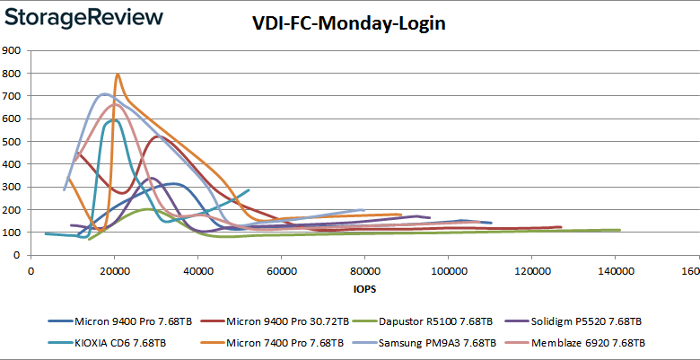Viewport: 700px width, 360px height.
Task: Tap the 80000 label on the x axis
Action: click(364, 272)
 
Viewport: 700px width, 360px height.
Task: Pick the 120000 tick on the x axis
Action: click(531, 272)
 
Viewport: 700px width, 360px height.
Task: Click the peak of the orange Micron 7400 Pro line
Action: click(118, 74)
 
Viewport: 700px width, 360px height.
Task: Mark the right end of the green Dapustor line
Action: click(619, 230)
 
